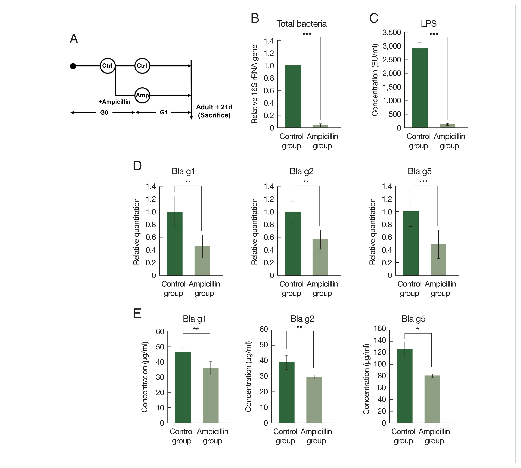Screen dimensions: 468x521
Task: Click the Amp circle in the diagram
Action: coord(142,95)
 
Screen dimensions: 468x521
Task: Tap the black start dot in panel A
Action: coord(73,66)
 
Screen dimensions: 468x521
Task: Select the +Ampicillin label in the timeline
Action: coord(114,102)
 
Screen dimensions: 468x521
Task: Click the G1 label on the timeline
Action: coord(164,112)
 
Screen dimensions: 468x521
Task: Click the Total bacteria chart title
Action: coord(301,24)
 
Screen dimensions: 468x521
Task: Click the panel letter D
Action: coord(137,166)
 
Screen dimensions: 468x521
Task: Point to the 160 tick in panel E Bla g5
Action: coord(380,329)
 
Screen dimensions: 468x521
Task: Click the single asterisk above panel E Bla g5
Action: coord(418,329)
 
